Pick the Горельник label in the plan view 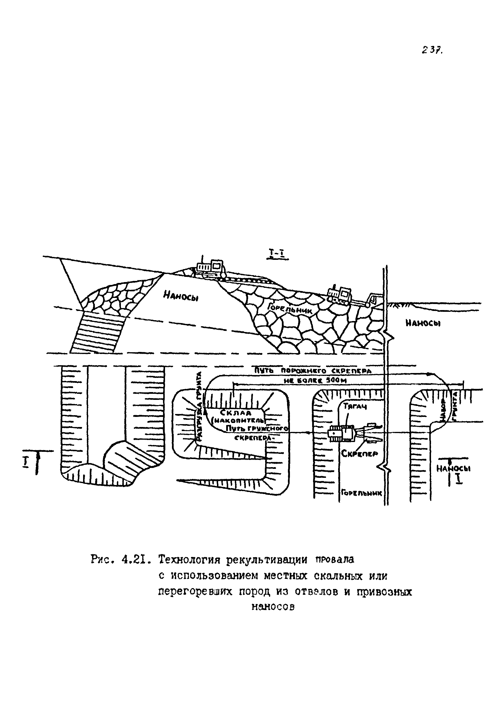[361, 493]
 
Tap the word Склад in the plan [236, 413]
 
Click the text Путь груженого [256, 428]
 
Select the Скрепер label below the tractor [359, 454]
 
